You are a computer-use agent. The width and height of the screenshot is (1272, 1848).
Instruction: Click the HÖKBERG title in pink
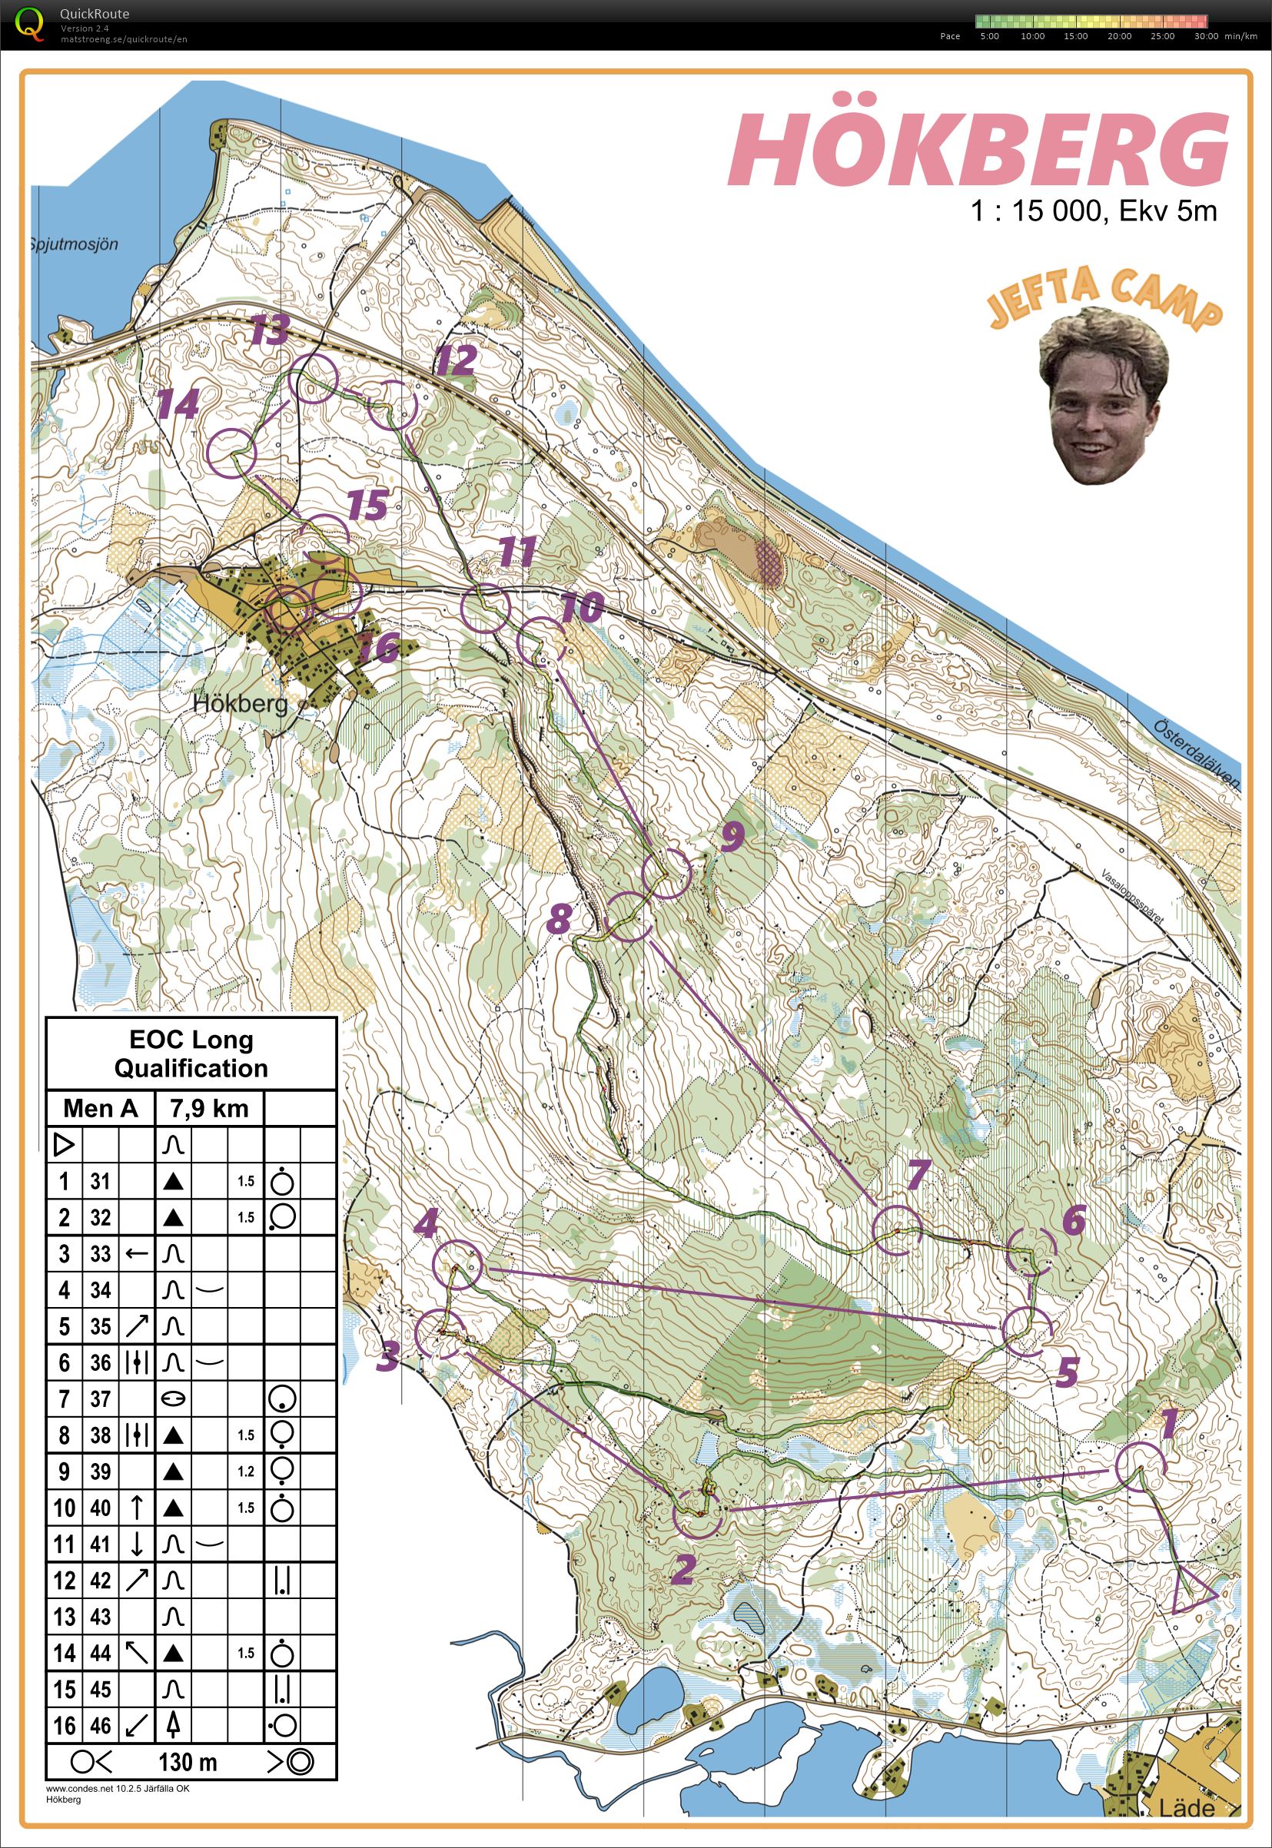(978, 150)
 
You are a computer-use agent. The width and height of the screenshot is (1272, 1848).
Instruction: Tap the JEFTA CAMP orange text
(1103, 301)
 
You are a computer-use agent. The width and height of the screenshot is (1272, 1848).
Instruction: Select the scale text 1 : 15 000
(1035, 211)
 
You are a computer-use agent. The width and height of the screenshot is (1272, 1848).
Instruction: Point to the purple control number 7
(918, 1173)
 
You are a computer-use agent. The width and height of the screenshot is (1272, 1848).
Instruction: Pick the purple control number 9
(732, 835)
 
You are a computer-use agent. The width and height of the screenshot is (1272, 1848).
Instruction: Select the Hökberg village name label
(241, 704)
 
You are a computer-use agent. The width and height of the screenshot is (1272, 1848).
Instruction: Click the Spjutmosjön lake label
(74, 244)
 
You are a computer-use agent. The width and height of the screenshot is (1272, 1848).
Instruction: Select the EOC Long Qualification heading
(191, 1053)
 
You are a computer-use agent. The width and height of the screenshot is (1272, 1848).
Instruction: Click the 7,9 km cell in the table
(209, 1108)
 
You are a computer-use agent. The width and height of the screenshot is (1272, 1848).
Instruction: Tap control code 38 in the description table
(100, 1435)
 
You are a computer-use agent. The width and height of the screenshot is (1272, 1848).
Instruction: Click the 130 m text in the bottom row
(188, 1762)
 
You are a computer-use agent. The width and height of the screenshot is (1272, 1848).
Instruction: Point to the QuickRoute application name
(94, 14)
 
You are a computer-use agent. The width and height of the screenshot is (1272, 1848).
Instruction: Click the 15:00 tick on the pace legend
(1075, 36)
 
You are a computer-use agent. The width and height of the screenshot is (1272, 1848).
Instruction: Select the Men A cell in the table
(101, 1108)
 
